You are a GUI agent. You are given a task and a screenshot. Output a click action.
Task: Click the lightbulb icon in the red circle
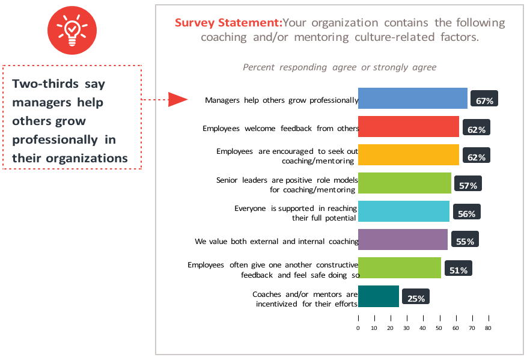[72, 29]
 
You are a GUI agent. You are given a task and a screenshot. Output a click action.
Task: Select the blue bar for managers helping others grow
[412, 99]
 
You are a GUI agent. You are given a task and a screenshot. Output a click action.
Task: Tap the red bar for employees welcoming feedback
[408, 127]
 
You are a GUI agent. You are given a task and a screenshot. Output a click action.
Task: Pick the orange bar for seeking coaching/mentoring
[408, 154]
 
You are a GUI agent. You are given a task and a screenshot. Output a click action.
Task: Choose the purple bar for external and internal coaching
[403, 239]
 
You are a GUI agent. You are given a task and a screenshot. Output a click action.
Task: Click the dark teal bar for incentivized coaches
[378, 296]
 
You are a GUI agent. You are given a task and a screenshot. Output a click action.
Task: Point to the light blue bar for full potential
[403, 211]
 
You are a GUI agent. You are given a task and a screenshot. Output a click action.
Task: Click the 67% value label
[484, 100]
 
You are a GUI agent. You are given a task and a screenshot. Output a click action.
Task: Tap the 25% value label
[416, 298]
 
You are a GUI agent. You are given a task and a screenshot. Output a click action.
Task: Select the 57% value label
[468, 185]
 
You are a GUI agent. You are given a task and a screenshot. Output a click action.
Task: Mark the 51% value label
[458, 270]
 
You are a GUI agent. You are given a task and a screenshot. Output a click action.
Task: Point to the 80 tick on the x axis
[488, 328]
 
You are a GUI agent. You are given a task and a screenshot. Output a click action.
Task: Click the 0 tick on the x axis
[358, 328]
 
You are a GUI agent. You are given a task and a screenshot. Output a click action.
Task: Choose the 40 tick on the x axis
[423, 328]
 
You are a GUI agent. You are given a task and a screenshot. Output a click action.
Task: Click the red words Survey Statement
[228, 23]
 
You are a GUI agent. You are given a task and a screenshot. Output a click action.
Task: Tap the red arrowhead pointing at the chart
[178, 99]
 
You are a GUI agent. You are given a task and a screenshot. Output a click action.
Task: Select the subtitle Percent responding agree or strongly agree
[340, 67]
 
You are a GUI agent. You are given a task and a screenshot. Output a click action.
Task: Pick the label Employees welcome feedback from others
[280, 128]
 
